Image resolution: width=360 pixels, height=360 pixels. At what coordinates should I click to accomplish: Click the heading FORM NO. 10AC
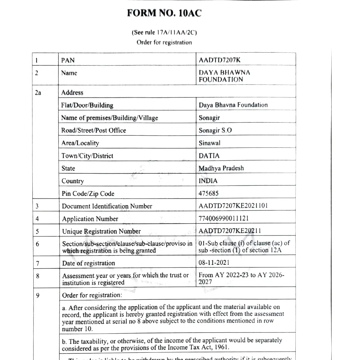pyautogui.click(x=164, y=13)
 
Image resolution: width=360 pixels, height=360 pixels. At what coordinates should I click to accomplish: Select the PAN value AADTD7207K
pyautogui.click(x=219, y=60)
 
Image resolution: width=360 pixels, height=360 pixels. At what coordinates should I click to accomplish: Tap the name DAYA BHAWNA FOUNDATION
pyautogui.click(x=224, y=76)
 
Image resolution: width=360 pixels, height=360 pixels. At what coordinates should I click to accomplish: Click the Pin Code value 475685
pyautogui.click(x=209, y=193)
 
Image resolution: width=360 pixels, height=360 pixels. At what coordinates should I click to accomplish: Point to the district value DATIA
pyautogui.click(x=209, y=156)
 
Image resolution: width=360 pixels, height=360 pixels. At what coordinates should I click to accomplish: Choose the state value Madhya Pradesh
pyautogui.click(x=221, y=168)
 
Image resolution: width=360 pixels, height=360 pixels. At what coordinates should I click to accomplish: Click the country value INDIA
pyautogui.click(x=208, y=181)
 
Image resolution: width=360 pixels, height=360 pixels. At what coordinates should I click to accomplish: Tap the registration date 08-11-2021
pyautogui.click(x=214, y=262)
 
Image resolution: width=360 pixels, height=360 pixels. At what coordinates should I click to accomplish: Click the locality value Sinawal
pyautogui.click(x=210, y=143)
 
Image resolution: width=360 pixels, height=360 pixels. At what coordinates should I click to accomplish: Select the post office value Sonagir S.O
pyautogui.click(x=215, y=130)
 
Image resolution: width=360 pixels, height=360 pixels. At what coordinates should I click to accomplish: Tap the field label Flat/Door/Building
pyautogui.click(x=87, y=105)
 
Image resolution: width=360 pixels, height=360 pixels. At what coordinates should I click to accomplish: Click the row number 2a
pyautogui.click(x=38, y=93)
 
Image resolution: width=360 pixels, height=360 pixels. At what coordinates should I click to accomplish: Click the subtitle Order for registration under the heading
pyautogui.click(x=164, y=42)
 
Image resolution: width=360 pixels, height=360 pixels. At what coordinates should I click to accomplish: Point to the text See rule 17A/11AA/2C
pyautogui.click(x=164, y=33)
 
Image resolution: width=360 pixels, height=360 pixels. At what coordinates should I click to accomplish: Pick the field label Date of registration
pyautogui.click(x=88, y=263)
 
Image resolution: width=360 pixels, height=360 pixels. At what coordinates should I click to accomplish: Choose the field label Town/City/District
pyautogui.click(x=87, y=156)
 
